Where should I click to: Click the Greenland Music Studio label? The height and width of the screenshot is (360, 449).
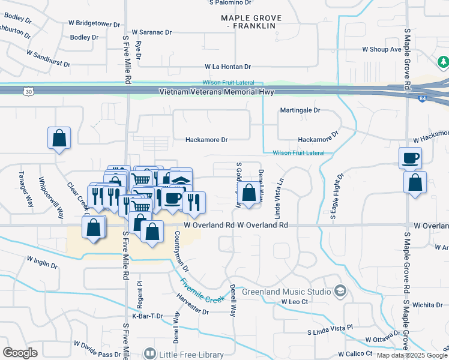tap(286, 292)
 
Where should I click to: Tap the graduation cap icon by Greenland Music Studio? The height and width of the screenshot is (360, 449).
tap(341, 291)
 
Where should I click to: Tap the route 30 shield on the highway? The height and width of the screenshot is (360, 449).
tap(29, 91)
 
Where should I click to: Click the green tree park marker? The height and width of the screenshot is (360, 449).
tap(443, 61)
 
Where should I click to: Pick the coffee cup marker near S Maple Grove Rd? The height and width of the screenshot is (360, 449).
tap(411, 158)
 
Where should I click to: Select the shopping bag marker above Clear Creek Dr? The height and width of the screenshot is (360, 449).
tap(59, 138)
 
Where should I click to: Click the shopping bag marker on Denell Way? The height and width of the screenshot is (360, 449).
tap(249, 193)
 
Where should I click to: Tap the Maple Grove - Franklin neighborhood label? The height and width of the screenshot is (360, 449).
tap(247, 23)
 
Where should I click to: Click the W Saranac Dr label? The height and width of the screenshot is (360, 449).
tap(152, 31)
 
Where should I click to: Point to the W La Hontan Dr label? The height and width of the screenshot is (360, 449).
tap(228, 67)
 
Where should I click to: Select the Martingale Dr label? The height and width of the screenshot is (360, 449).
tap(300, 110)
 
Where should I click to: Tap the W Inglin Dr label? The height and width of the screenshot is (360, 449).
tap(41, 262)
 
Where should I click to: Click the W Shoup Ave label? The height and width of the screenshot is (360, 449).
tap(381, 49)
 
